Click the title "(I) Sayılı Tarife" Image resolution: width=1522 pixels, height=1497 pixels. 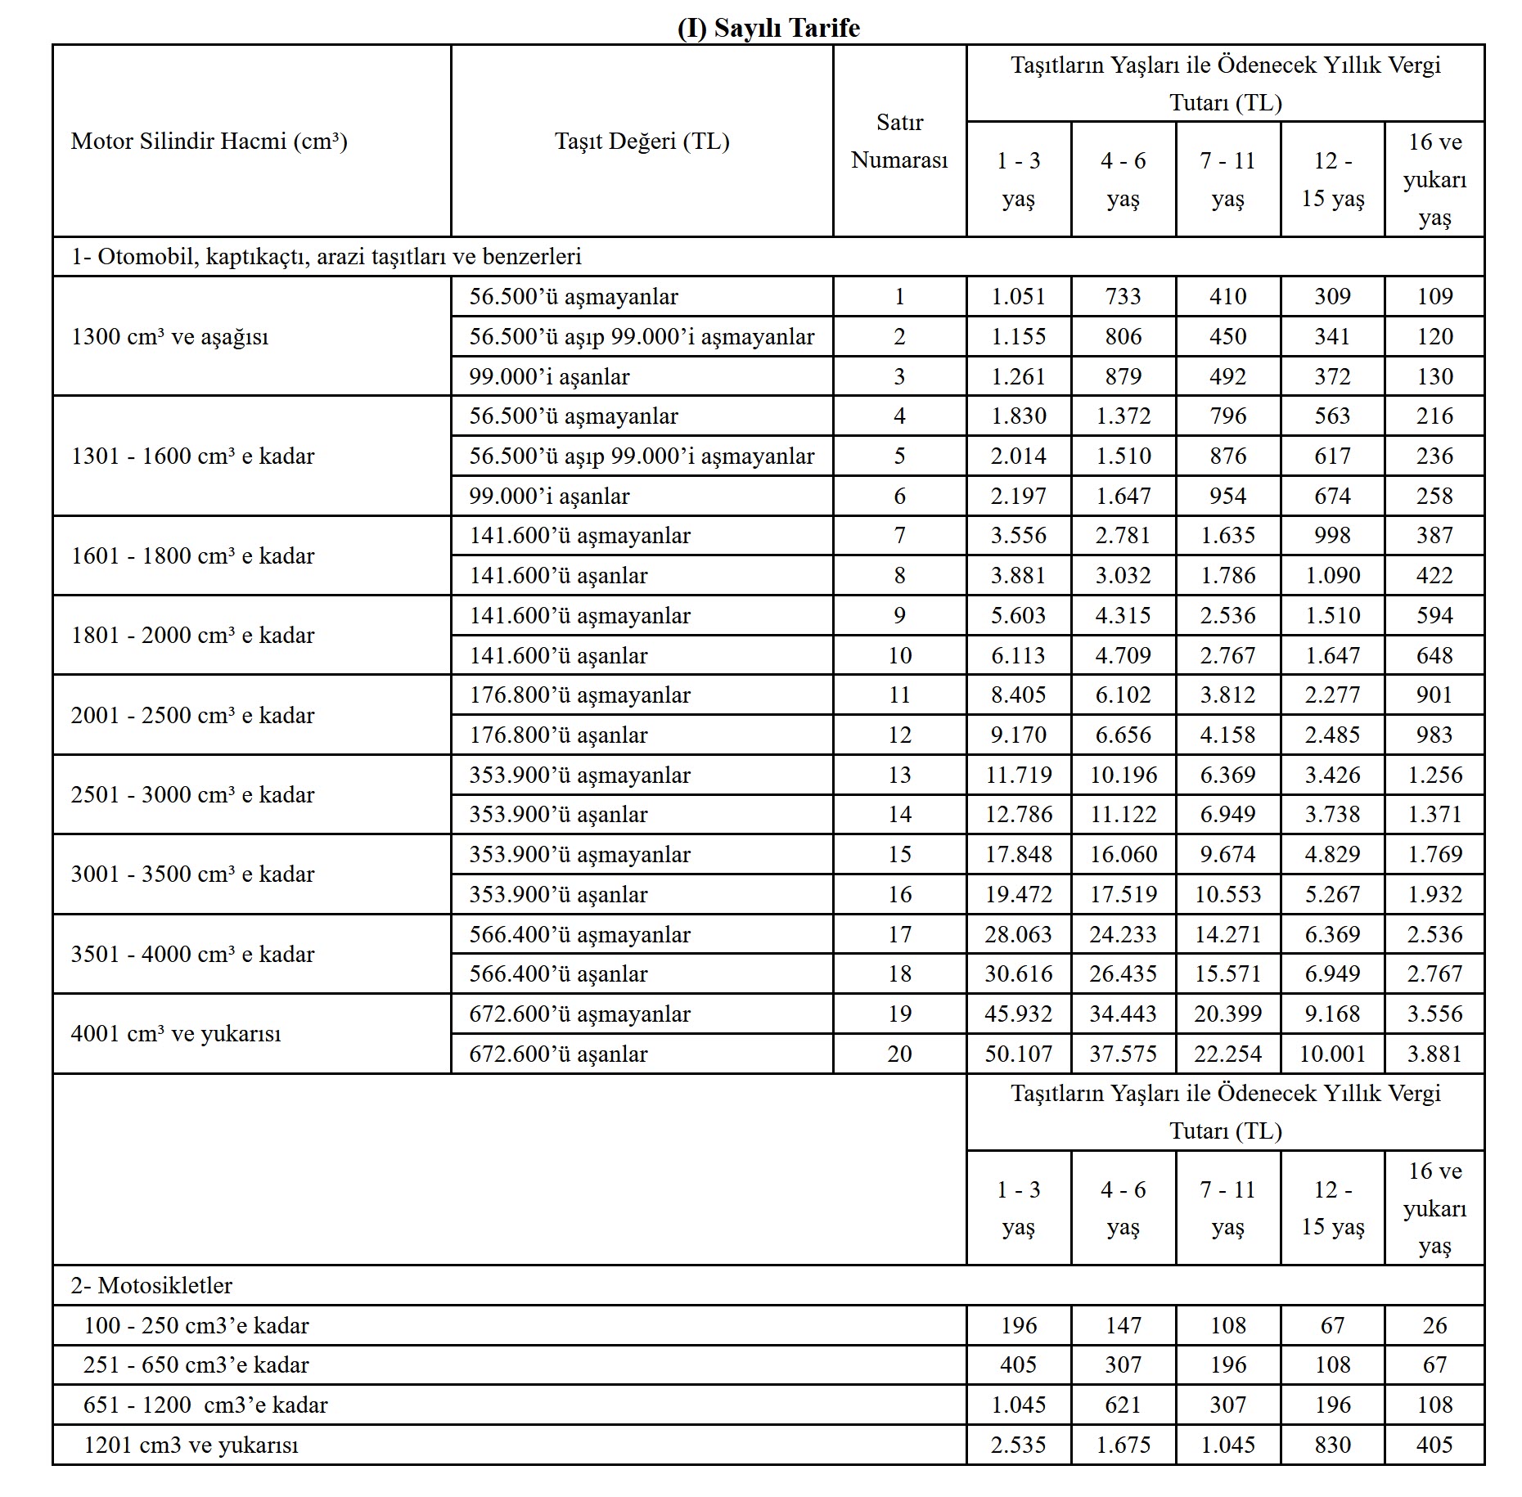[x=768, y=28]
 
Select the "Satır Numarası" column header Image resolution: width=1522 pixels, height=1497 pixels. [x=899, y=141]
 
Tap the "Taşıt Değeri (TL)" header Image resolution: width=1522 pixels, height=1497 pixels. [x=642, y=141]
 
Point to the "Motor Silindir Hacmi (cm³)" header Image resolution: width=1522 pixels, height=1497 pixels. [x=209, y=141]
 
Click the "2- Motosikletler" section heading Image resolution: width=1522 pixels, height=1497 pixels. [x=151, y=1285]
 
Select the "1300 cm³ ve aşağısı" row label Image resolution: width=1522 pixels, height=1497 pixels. [x=169, y=336]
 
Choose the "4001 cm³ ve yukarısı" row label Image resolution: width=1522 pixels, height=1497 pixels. [x=175, y=1033]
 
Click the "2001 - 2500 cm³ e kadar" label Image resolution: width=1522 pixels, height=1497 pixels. [x=192, y=715]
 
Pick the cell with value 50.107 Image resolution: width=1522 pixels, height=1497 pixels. [x=1018, y=1054]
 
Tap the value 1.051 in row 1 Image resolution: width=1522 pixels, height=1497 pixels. [x=1018, y=296]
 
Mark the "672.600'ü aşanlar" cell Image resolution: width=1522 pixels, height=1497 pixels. [x=558, y=1054]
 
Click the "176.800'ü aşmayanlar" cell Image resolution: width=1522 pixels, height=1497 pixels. [x=579, y=695]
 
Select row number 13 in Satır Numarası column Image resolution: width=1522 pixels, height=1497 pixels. [x=899, y=775]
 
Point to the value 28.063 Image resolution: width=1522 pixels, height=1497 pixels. [x=1018, y=934]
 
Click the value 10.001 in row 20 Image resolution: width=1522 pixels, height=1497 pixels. [x=1332, y=1054]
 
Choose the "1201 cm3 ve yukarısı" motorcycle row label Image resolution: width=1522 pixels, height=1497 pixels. [x=191, y=1445]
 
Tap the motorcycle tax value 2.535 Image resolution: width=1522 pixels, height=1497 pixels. [x=1018, y=1445]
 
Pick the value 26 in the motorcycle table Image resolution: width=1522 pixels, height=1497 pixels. [x=1434, y=1325]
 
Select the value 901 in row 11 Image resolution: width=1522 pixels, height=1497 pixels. [x=1434, y=695]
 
